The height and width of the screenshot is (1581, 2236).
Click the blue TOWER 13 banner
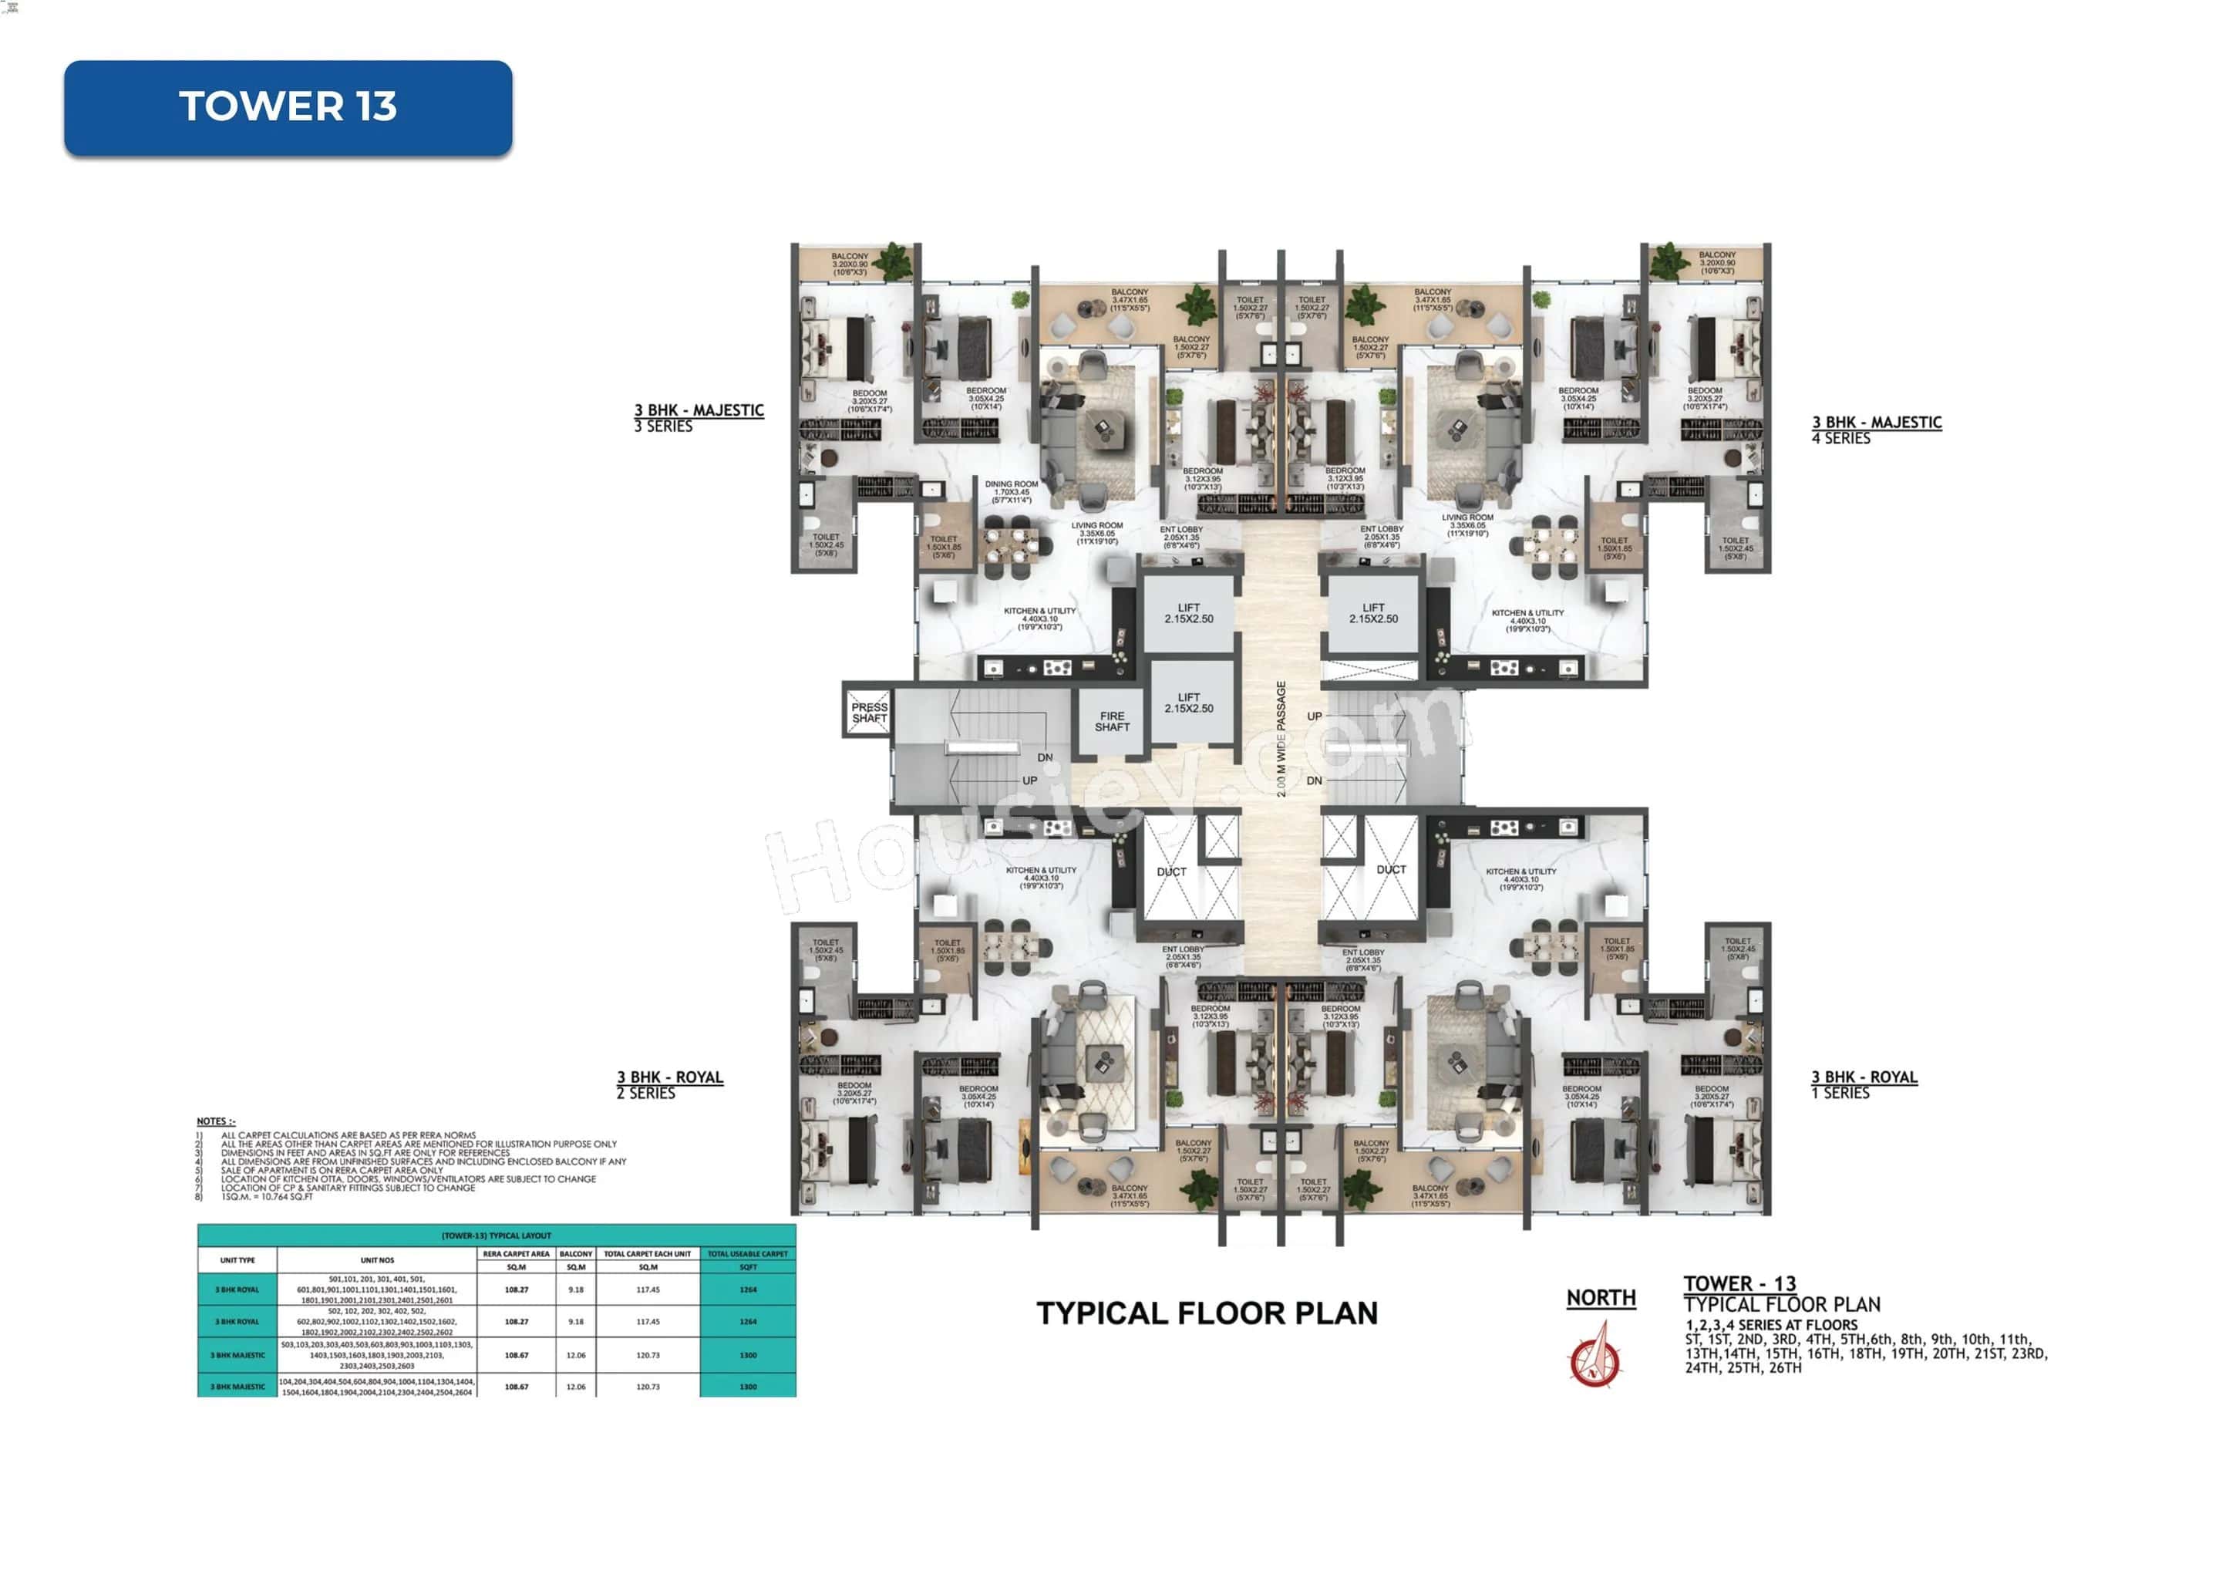click(288, 107)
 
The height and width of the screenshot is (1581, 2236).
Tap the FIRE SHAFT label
click(1111, 722)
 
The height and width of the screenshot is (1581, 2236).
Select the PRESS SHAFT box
click(869, 712)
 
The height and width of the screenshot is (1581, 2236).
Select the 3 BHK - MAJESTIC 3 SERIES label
click(699, 418)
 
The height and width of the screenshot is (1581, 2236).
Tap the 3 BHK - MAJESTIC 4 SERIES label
click(1876, 430)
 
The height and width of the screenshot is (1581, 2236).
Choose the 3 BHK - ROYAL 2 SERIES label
click(670, 1084)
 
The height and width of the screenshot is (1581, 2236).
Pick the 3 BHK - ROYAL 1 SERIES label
click(1863, 1084)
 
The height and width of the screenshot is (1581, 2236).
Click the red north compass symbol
click(1594, 1359)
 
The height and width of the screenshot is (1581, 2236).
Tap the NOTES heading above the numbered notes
click(216, 1121)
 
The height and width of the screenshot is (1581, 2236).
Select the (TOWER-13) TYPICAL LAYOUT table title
click(496, 1235)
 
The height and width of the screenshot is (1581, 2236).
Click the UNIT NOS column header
click(377, 1259)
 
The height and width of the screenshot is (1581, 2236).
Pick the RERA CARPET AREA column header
click(516, 1254)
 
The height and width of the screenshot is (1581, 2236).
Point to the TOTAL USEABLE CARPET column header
click(747, 1254)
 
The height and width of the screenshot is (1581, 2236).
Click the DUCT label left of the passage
click(1171, 871)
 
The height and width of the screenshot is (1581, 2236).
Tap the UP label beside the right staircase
click(1315, 716)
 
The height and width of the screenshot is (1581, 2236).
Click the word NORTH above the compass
click(1600, 1297)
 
